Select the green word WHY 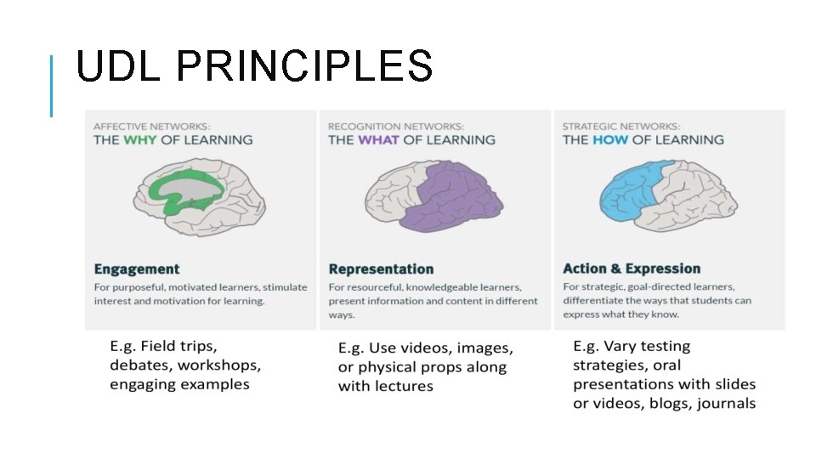140,139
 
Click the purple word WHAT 378,139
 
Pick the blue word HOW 610,139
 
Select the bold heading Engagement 137,269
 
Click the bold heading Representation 381,269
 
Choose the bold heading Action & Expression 632,269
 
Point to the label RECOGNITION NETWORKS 396,126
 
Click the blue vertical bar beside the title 52,85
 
